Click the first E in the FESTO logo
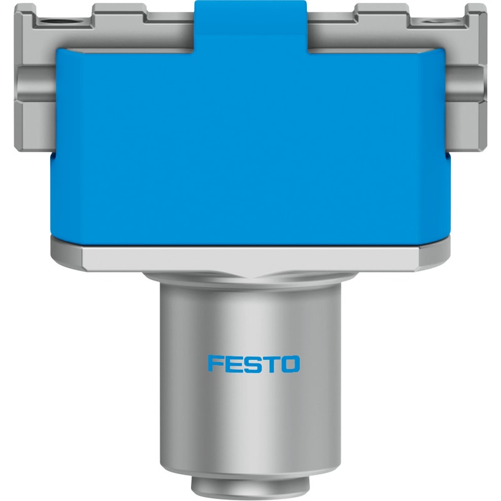coord(235,364)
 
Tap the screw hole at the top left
coord(54,23)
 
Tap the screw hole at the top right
coord(436,22)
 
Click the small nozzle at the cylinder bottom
coord(250,489)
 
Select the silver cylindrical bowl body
coord(250,380)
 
